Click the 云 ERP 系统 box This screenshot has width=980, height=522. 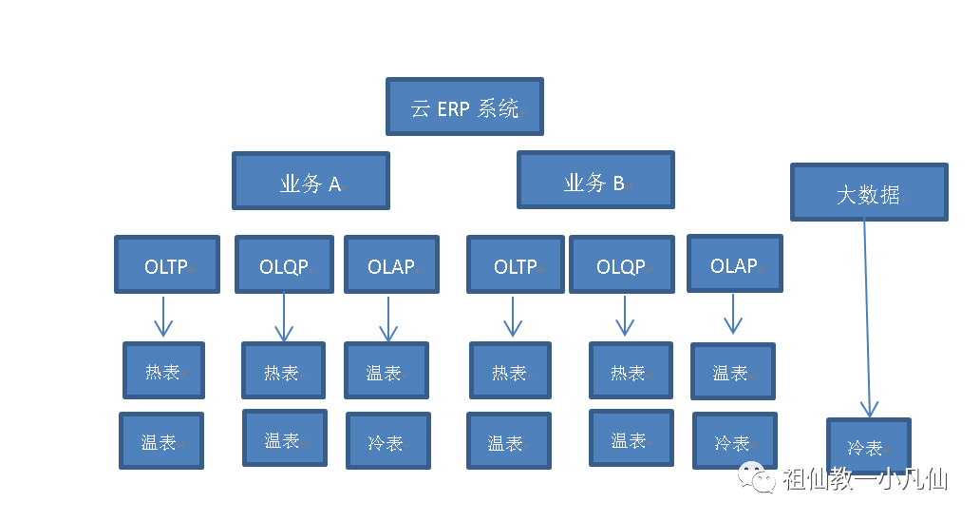pos(464,106)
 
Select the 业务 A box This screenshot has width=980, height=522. pos(311,181)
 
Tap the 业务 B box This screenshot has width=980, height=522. pos(595,180)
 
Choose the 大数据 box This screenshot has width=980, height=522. pos(869,192)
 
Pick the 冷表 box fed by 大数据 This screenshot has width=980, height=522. pos(869,446)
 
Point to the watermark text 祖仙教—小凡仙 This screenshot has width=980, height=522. pos(865,479)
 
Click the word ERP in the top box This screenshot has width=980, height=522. pos(453,109)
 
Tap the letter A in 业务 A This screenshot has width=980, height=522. pos(334,184)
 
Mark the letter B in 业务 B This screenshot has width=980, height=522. pos(618,183)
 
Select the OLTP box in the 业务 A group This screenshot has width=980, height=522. pos(167,264)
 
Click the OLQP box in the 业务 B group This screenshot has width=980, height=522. pos(622,264)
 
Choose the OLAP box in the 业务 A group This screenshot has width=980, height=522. pos(391,264)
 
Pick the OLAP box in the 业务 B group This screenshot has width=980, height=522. pos(734,263)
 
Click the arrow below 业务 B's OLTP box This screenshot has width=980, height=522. pos(513,317)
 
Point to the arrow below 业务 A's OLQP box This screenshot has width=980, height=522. pos(284,317)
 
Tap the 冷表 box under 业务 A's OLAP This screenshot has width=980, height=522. pos(388,440)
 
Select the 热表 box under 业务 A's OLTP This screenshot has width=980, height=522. pos(163,371)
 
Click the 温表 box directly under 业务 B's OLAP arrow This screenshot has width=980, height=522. pos(733,371)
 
